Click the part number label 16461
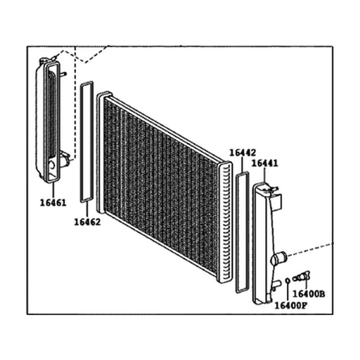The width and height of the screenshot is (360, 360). (53, 202)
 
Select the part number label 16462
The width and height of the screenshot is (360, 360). (87, 222)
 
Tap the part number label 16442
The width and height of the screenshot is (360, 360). (243, 153)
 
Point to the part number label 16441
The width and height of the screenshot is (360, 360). (264, 163)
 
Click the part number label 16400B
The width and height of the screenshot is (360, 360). (309, 294)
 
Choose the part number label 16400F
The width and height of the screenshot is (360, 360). (290, 306)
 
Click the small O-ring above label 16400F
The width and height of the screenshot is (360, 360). (288, 281)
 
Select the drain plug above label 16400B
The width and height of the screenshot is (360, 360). (302, 276)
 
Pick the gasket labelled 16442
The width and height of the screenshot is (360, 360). (236, 233)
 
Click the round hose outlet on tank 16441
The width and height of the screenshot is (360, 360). (279, 258)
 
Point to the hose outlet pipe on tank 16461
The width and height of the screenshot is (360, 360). (65, 159)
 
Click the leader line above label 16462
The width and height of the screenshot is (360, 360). (87, 210)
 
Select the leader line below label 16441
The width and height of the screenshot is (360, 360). (264, 175)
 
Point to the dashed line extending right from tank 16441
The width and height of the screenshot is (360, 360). (310, 250)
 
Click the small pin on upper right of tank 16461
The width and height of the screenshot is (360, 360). (63, 75)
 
